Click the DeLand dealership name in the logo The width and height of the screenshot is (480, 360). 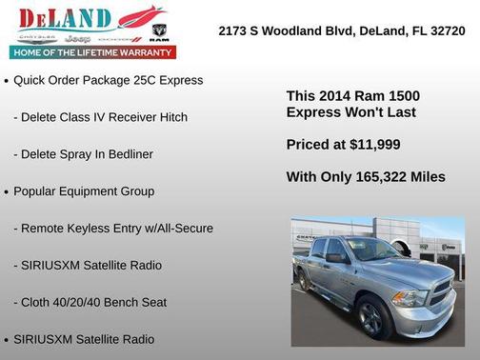click(x=62, y=18)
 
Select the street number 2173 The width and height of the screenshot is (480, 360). click(x=234, y=30)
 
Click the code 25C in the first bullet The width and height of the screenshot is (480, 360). click(x=135, y=80)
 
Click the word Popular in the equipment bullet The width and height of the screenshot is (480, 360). click(x=36, y=191)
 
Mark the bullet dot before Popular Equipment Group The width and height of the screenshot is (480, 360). click(x=7, y=192)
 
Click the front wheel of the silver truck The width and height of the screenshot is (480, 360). click(x=372, y=314)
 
